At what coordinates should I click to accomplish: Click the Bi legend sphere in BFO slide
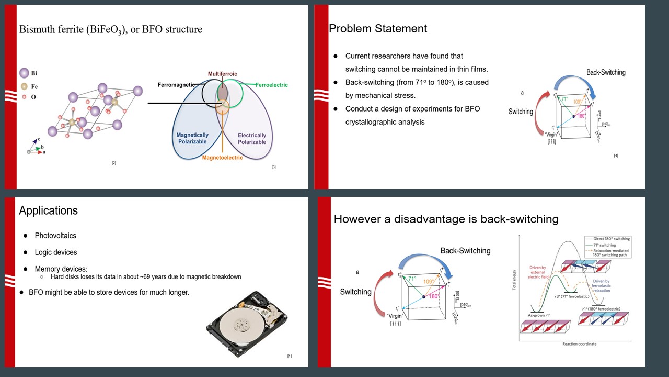pos(24,73)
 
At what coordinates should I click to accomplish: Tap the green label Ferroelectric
pos(271,85)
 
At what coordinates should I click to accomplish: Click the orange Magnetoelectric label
pos(222,158)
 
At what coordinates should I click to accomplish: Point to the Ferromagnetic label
pos(176,85)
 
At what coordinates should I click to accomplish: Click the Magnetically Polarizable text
pos(192,138)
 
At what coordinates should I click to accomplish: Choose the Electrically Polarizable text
pos(251,138)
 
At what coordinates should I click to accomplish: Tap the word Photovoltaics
pos(55,236)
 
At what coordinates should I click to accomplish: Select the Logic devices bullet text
pos(55,252)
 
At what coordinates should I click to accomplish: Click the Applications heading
pos(48,210)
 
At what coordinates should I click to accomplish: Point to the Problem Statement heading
pos(377,28)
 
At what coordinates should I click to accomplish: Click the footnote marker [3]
pos(273,167)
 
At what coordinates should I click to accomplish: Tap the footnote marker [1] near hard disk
pos(289,356)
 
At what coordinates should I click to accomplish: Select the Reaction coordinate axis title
pos(579,344)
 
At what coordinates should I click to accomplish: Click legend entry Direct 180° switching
pos(612,239)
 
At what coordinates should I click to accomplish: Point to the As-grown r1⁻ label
pos(540,315)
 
